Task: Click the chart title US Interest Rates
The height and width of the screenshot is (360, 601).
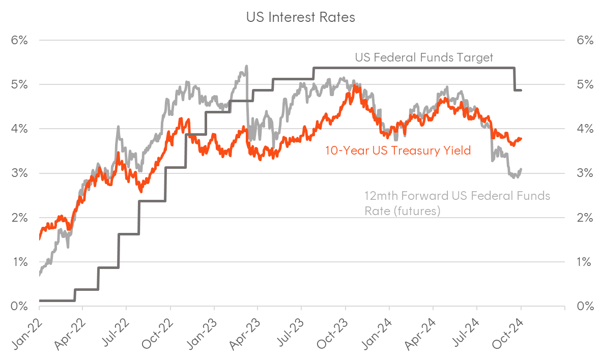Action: point(300,17)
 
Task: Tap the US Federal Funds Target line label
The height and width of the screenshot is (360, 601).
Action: point(423,57)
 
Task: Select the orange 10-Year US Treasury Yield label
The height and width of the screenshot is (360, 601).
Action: point(398,150)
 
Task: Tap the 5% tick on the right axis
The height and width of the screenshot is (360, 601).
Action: point(585,84)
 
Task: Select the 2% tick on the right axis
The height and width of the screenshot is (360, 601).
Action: point(585,218)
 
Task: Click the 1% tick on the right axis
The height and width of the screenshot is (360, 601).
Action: point(585,262)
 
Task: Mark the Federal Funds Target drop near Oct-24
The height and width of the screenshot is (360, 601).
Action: point(514,79)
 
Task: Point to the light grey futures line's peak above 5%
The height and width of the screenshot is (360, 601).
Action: point(246,66)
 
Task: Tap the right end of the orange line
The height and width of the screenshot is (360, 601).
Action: point(521,138)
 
